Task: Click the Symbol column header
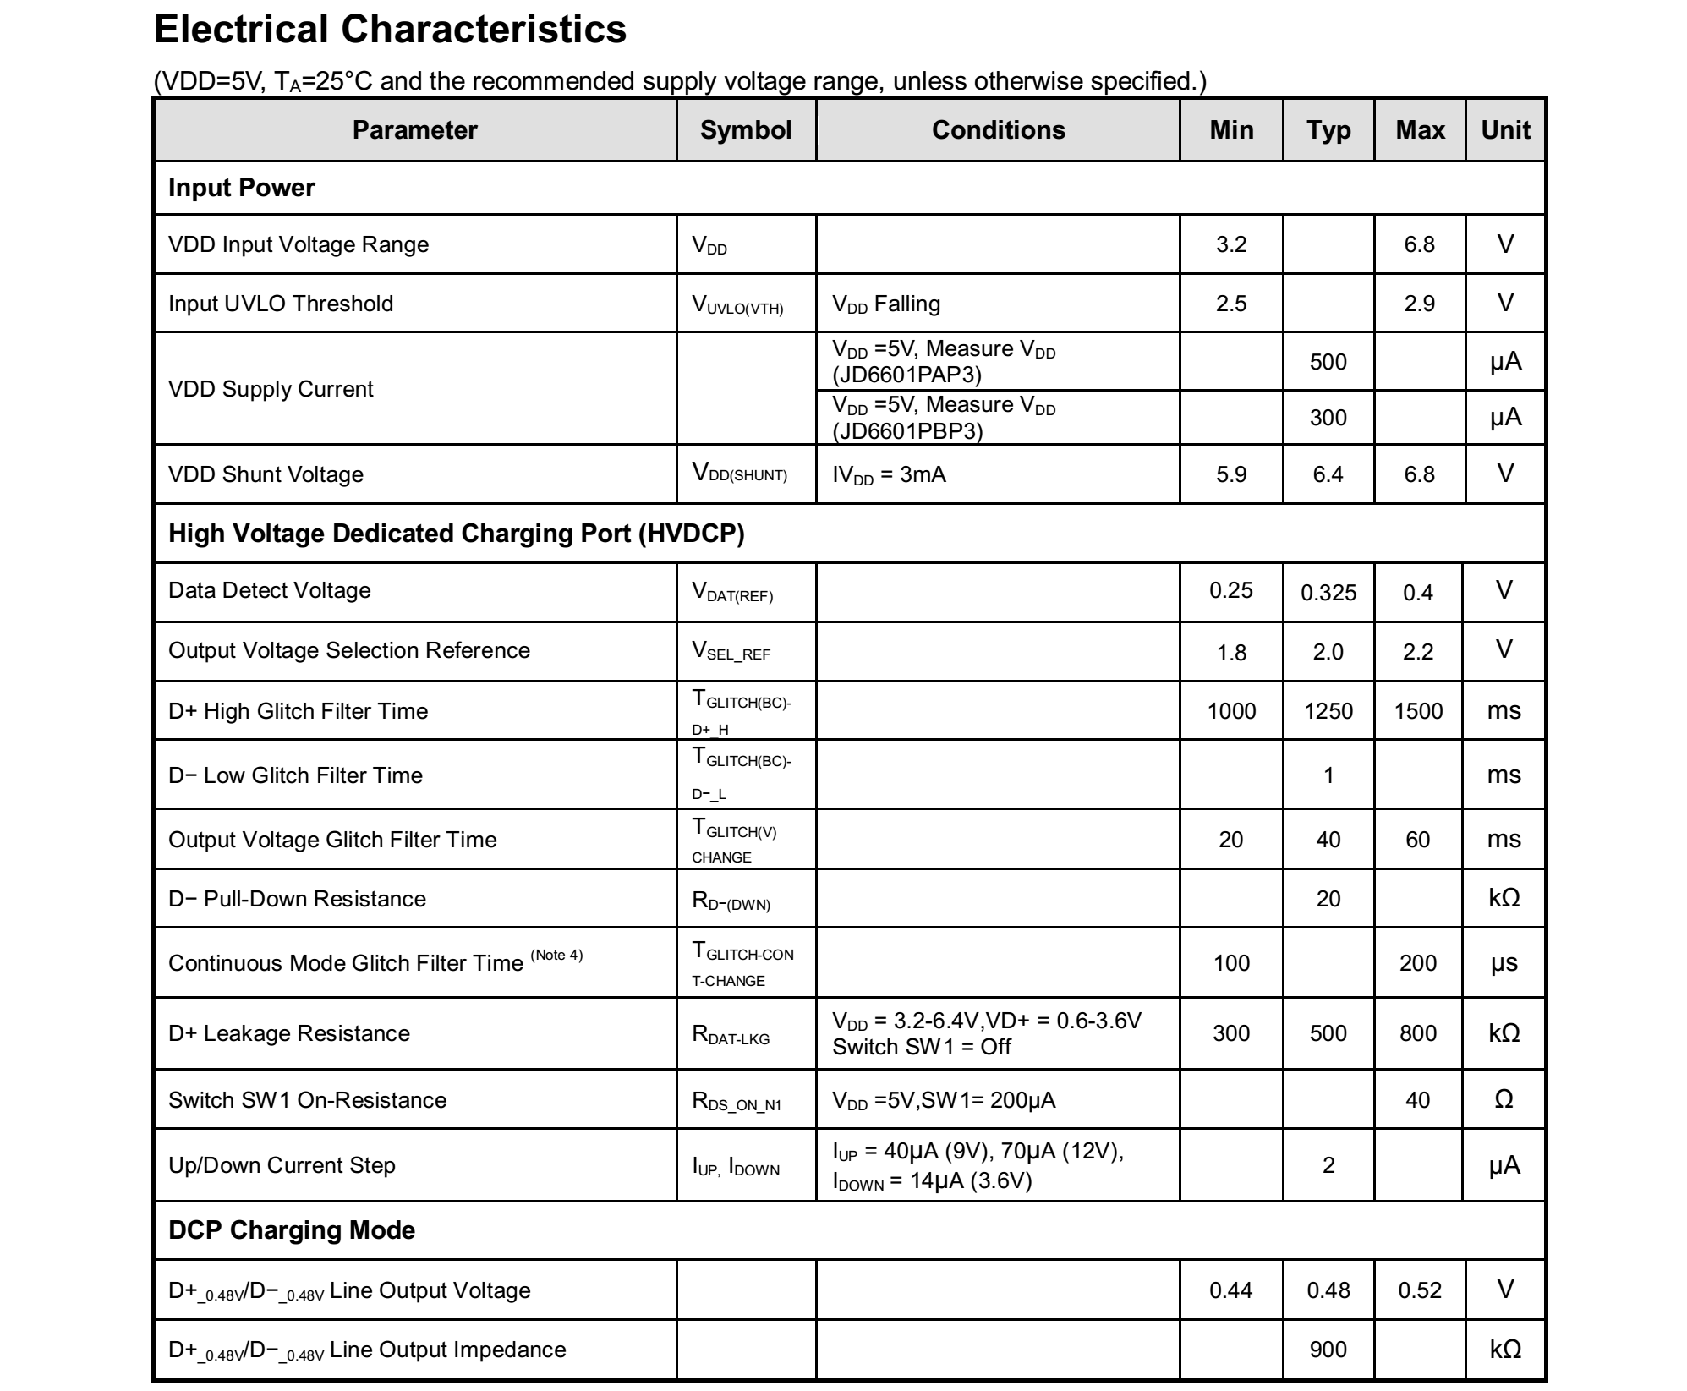coord(745,130)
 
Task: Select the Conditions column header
coord(998,130)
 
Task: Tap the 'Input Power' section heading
coord(242,188)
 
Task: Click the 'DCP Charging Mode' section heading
coord(292,1229)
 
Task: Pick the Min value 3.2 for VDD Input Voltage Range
coord(1230,244)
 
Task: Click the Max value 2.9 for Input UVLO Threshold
coord(1419,304)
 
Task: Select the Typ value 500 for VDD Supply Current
coord(1328,362)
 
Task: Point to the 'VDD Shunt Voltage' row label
coord(266,474)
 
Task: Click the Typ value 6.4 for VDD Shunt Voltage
coord(1328,474)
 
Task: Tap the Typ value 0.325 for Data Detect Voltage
coord(1328,593)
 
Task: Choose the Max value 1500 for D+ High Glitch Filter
coord(1418,711)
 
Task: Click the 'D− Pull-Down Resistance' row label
coord(297,899)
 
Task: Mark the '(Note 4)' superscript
coord(556,955)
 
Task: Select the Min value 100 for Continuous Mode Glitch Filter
coord(1230,963)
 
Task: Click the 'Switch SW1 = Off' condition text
coord(922,1047)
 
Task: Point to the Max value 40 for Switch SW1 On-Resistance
coord(1418,1100)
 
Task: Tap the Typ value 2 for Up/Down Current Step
coord(1328,1165)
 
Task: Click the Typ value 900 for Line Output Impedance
coord(1328,1350)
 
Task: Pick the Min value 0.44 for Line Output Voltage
coord(1230,1290)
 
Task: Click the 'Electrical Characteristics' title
coord(390,30)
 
